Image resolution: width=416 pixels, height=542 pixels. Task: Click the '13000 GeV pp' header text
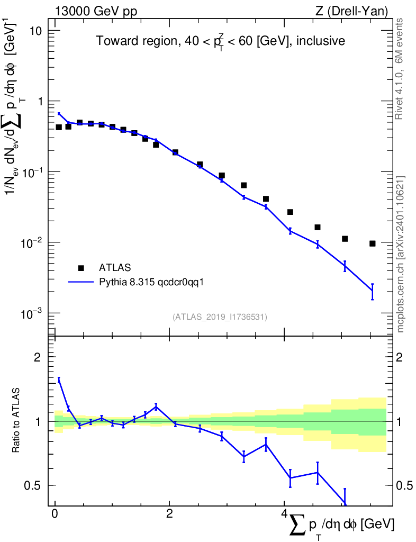96,12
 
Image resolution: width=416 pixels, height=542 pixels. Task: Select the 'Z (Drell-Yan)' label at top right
351,12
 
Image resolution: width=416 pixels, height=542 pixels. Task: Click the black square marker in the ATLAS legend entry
81,268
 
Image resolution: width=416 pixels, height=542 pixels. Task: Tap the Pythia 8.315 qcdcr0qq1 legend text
151,283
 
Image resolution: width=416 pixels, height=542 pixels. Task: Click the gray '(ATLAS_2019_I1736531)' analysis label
220,317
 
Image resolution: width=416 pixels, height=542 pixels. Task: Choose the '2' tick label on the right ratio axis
399,357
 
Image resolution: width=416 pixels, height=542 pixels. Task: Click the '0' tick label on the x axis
55,513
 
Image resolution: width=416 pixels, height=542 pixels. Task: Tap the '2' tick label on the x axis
169,513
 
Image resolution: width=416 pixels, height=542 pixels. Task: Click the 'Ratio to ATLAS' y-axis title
16,420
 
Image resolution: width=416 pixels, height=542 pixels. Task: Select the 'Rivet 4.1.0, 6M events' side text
399,69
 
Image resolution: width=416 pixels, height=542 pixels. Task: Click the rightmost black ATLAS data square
373,243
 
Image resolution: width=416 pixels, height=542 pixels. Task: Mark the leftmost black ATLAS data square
59,127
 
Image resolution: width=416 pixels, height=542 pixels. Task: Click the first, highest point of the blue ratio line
59,380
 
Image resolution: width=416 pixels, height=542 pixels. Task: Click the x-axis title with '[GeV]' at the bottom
340,526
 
